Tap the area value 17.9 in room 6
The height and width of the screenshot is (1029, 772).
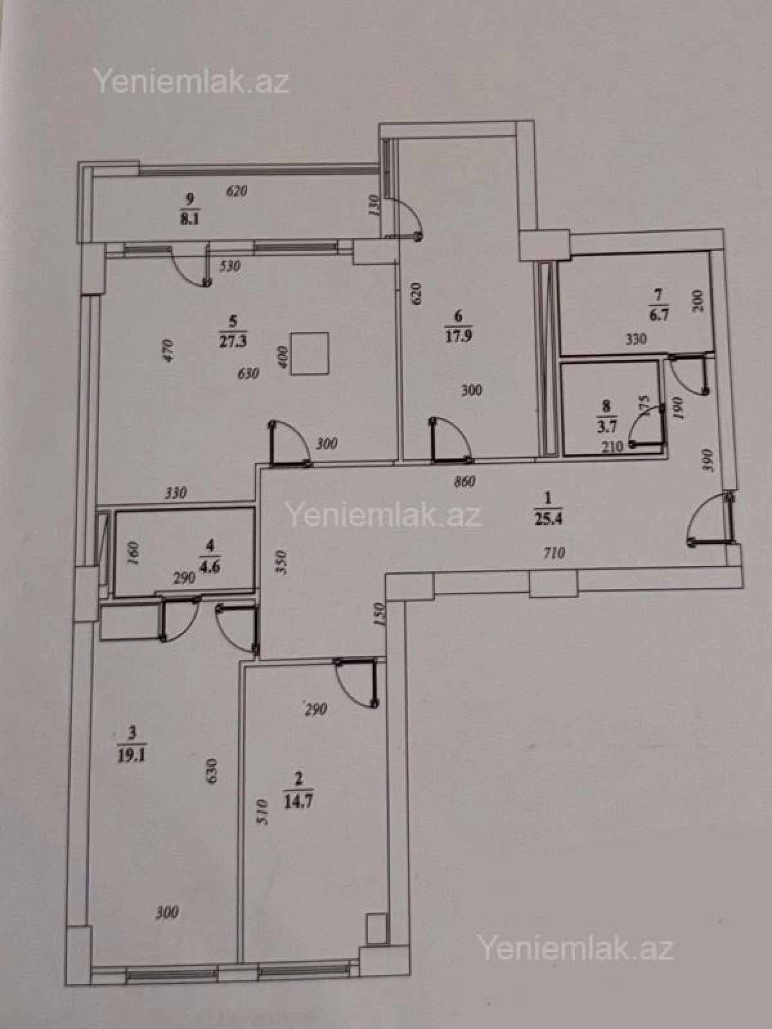(459, 336)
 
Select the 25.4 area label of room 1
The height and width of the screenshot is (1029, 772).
(548, 518)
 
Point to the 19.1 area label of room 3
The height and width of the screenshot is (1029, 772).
(132, 754)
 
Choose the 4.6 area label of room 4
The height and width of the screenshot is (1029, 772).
(208, 567)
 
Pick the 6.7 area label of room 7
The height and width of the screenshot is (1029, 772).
(657, 316)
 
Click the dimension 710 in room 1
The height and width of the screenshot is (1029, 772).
(553, 552)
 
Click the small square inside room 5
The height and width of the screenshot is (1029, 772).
(310, 352)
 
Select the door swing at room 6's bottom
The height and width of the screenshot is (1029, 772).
(450, 441)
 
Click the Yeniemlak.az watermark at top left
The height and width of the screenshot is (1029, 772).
(191, 82)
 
